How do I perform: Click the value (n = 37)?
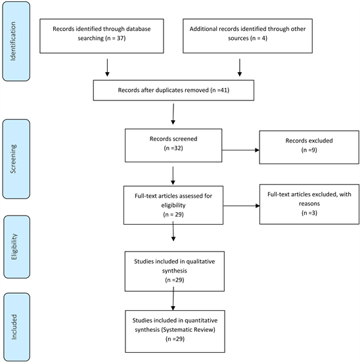116,38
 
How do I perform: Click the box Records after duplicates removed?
173,90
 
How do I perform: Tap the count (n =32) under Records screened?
173,148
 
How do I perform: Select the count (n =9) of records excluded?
309,150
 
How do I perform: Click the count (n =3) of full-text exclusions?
309,213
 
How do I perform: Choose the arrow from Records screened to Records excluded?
240,150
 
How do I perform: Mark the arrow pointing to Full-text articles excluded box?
242,206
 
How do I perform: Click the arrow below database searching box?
107,68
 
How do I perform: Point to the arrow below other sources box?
240,68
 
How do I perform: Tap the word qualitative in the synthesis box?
200,261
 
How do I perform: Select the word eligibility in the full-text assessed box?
173,205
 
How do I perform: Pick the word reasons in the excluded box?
309,204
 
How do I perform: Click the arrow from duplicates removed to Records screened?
173,114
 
